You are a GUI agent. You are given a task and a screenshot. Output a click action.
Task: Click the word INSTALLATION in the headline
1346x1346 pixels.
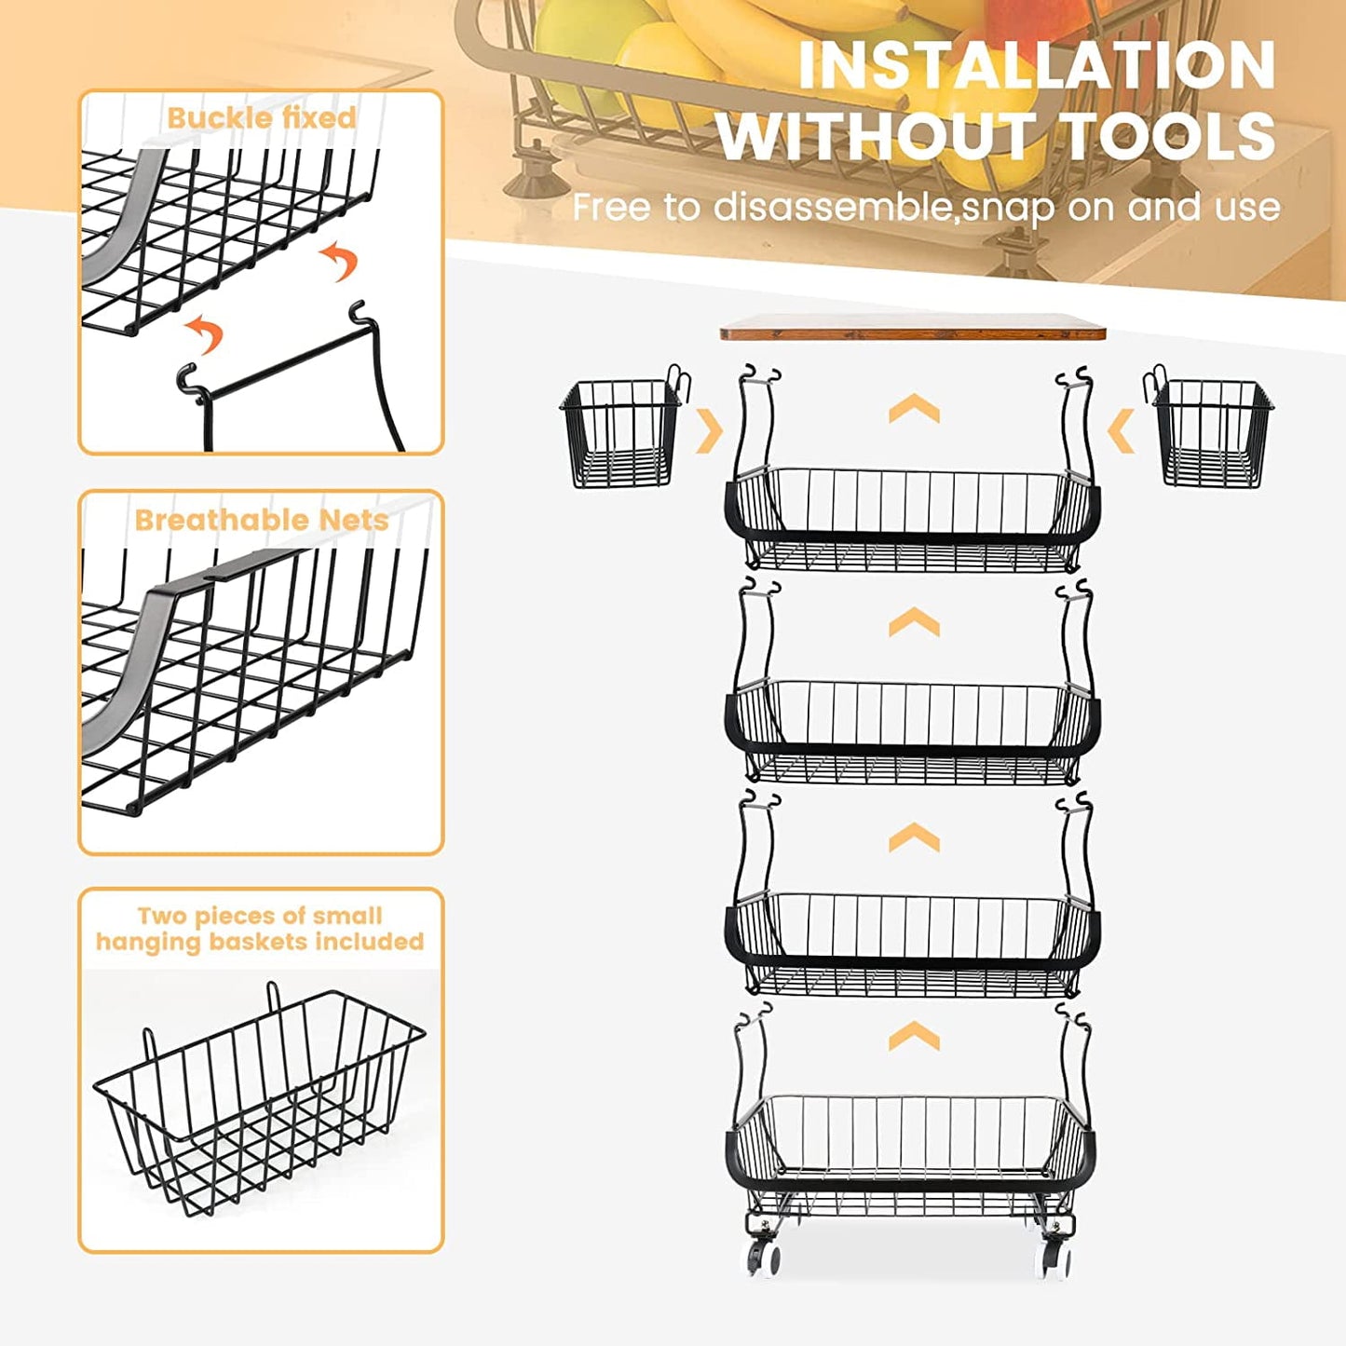pos(1036,66)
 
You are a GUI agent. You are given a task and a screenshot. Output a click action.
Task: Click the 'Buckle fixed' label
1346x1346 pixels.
pos(261,118)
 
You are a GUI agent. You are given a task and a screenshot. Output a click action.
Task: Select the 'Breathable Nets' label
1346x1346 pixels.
pos(261,520)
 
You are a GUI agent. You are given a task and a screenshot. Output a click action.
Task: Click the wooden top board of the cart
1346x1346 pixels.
pos(913,327)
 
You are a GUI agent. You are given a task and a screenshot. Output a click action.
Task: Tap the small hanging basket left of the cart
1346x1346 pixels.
pos(620,433)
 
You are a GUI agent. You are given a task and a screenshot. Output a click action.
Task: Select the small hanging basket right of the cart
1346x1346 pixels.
pos(1212,433)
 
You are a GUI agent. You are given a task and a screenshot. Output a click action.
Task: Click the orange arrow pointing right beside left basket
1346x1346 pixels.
pos(710,431)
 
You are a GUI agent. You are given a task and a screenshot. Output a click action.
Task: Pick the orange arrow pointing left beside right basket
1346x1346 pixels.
pos(1122,431)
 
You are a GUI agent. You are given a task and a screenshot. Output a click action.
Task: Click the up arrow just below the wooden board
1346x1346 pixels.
pos(914,408)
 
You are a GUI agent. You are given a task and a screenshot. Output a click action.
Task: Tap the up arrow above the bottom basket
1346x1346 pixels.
pos(914,1035)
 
